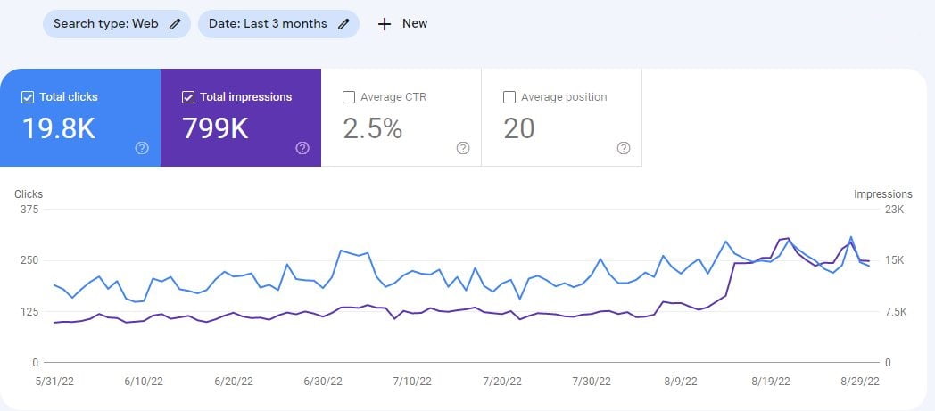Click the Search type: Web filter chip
click(116, 24)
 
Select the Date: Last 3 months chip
click(278, 24)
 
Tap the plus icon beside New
click(385, 24)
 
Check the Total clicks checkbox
click(28, 96)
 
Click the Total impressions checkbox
click(188, 96)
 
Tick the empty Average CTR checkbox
click(349, 96)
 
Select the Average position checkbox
click(509, 96)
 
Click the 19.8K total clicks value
click(58, 129)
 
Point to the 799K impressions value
click(215, 129)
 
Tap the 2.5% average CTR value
click(373, 129)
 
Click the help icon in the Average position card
click(624, 148)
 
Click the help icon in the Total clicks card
click(142, 148)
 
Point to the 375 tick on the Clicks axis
click(29, 210)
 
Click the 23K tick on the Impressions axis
click(894, 210)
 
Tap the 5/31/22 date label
click(51, 381)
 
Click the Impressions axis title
click(883, 193)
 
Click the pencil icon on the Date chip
click(343, 24)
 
